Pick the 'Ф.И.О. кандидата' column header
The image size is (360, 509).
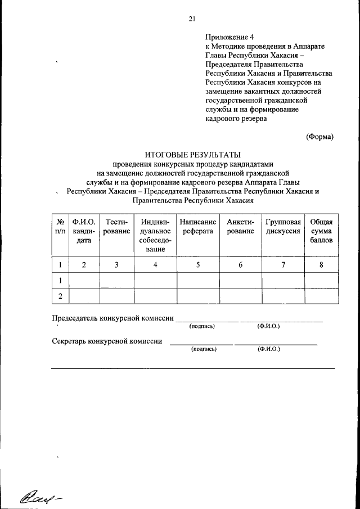click(83, 231)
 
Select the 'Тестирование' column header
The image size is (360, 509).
click(117, 227)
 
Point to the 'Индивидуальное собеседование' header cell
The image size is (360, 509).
click(156, 236)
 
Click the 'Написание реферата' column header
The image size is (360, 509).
click(198, 227)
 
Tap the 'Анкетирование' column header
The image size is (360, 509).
click(240, 227)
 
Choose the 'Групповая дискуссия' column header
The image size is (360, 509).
click(282, 227)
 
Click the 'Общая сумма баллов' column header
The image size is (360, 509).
click(321, 231)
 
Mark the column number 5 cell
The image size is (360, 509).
click(198, 265)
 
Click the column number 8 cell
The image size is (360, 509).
click(321, 265)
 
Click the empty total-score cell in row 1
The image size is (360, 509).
click(321, 280)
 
